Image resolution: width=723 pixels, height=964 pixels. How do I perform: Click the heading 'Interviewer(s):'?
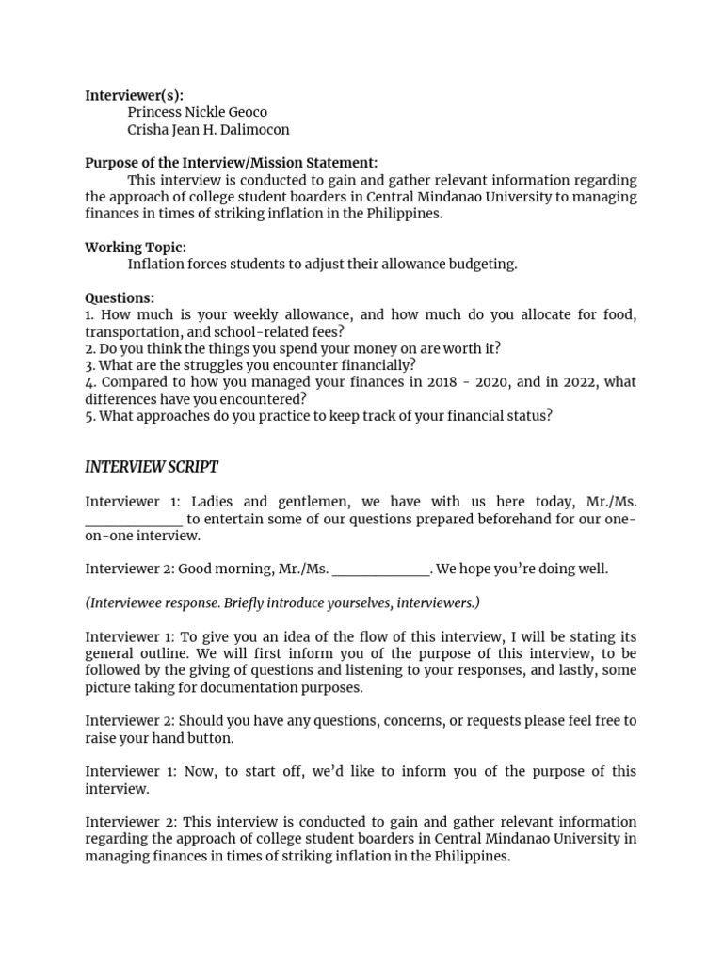[x=134, y=95]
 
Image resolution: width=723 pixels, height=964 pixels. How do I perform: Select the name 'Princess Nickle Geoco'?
[x=198, y=112]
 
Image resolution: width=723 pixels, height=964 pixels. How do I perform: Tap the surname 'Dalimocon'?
[x=252, y=129]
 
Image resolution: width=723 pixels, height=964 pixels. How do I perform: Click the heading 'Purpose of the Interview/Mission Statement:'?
[x=231, y=163]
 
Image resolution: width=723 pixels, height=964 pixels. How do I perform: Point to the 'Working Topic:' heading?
[x=136, y=248]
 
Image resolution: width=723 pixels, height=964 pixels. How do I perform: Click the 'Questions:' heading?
[x=120, y=298]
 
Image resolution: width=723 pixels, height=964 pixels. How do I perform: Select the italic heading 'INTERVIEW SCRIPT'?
[x=152, y=468]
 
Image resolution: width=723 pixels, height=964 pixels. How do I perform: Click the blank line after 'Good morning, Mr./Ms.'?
[x=381, y=570]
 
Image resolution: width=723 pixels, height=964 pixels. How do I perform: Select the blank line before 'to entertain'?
[x=134, y=520]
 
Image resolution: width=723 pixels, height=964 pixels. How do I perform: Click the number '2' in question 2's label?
[x=88, y=348]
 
